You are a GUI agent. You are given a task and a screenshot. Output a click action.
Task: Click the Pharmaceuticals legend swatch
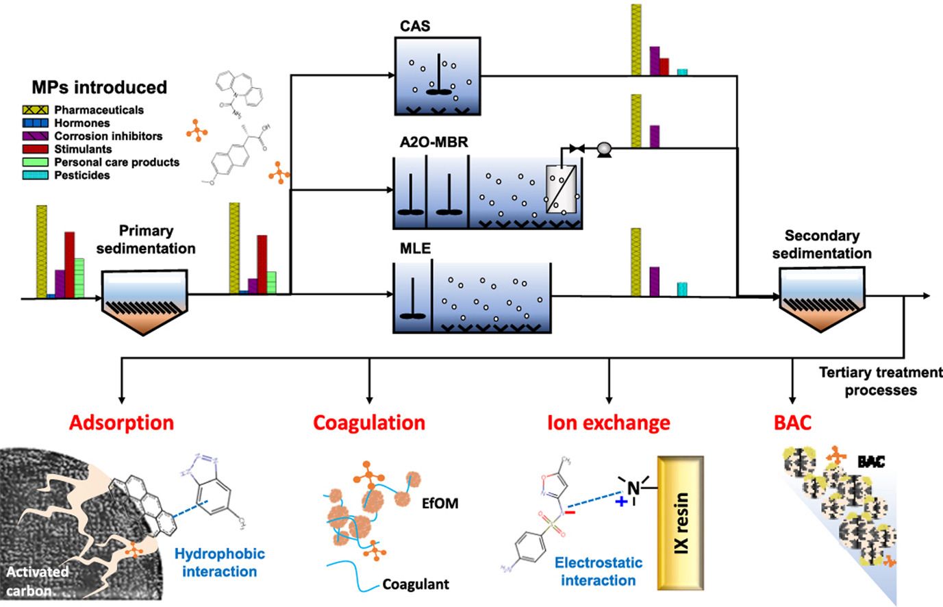pos(36,110)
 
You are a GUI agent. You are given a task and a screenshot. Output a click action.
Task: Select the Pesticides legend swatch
pos(36,175)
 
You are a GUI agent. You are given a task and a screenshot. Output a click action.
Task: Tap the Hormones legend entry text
pos(82,123)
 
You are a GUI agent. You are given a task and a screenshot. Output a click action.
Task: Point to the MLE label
pos(415,249)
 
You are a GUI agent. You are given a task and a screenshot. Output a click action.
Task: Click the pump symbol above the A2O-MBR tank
pos(604,147)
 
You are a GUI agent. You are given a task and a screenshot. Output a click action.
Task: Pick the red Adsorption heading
pos(122,422)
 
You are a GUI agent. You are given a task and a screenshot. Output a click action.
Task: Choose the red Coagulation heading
pos(369,422)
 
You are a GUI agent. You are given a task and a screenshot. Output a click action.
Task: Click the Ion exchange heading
pos(608,422)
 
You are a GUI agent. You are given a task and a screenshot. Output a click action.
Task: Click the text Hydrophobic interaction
pos(219,562)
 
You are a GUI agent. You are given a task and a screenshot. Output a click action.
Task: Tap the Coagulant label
pos(416,584)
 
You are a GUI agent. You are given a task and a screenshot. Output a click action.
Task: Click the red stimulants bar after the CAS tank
pos(664,66)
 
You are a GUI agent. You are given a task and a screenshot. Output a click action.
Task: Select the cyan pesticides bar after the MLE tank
pos(682,289)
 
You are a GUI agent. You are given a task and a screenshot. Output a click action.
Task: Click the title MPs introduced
pos(99,87)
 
